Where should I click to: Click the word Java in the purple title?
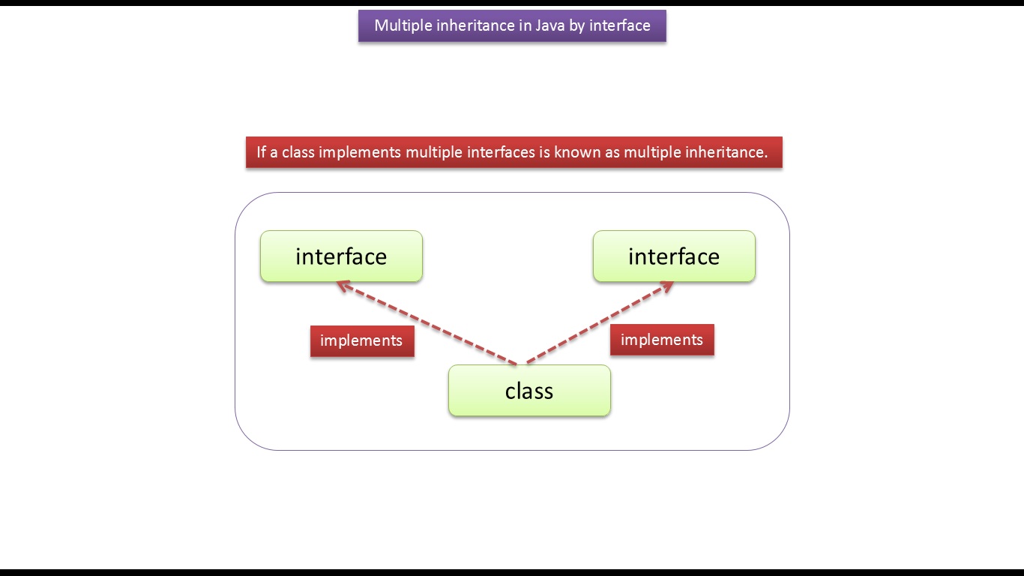pos(550,25)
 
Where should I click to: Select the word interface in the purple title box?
pos(620,25)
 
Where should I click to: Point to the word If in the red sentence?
pos(261,152)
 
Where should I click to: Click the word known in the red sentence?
pos(577,152)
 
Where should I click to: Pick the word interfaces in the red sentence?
pos(501,152)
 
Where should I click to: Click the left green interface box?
pos(342,256)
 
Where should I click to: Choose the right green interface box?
pos(674,256)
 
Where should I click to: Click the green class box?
pos(529,391)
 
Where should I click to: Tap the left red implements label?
pos(362,340)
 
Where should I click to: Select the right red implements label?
pos(662,340)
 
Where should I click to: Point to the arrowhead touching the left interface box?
pos(343,286)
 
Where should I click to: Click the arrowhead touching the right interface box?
pos(666,286)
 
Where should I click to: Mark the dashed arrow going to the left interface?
pos(427,323)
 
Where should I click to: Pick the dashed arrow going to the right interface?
pos(600,322)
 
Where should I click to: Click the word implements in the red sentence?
pos(360,152)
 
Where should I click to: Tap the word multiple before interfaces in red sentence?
pos(434,152)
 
